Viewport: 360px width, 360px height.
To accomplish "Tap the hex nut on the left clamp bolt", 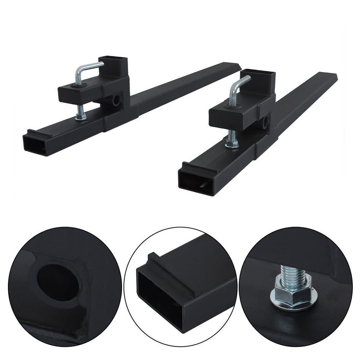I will click(80, 118).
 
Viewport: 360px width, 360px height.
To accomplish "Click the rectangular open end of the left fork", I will click(34, 146).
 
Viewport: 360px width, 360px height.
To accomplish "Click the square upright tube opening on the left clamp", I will click(113, 59).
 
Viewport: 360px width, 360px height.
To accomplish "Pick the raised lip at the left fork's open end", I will click(38, 132).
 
